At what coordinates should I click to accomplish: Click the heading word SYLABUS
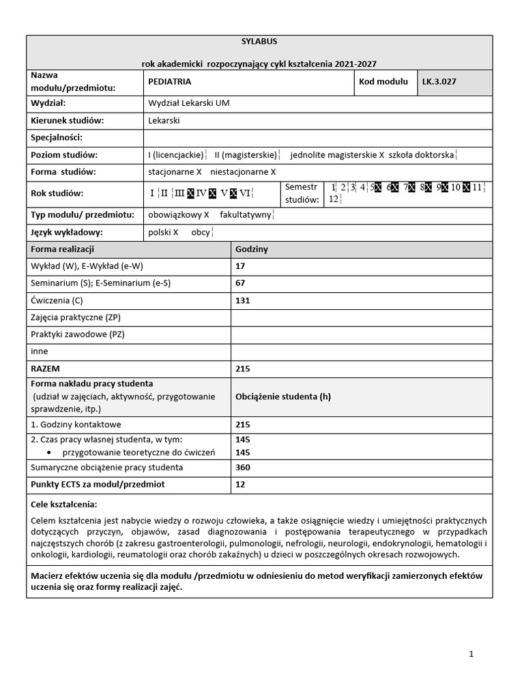point(258,41)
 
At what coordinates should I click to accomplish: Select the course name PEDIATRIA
point(170,81)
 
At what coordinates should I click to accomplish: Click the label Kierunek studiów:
point(67,120)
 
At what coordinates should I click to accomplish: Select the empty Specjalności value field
point(317,137)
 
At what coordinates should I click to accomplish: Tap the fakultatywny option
point(245,215)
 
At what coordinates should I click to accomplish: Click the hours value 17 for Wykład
point(239,266)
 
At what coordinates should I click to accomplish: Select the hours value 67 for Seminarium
point(239,283)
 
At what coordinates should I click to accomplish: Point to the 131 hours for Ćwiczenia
point(242,300)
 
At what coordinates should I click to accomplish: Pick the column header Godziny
point(252,249)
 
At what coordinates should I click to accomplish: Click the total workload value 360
point(242,468)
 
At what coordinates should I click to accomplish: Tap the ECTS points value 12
point(239,485)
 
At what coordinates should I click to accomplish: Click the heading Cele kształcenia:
point(64,504)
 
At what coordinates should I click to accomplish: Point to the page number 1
point(471,654)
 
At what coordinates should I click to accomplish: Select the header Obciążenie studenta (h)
point(282,397)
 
